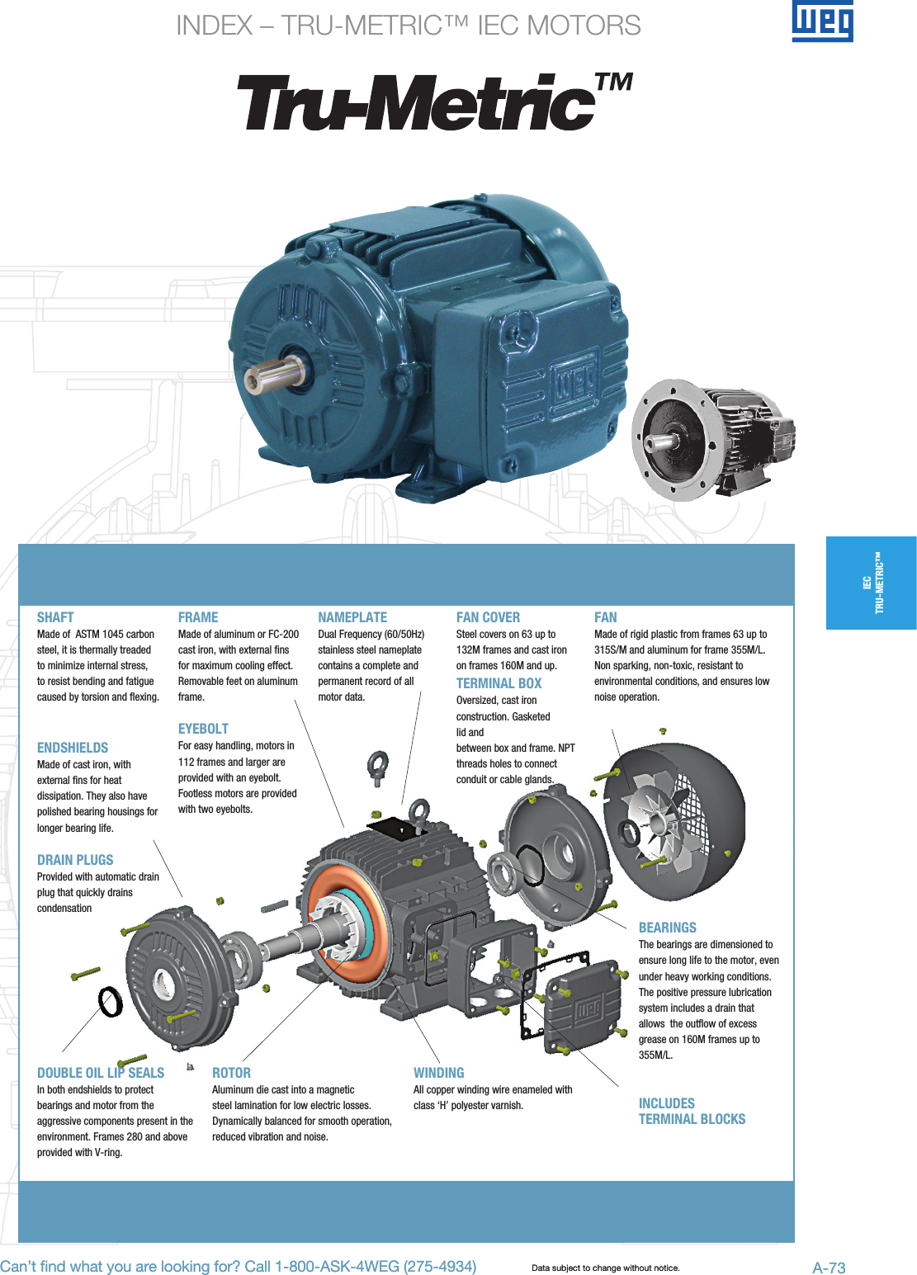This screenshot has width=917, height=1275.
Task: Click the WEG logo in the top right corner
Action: point(822,21)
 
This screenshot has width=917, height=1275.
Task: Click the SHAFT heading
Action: point(55,617)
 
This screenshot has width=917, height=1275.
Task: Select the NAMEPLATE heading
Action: point(352,617)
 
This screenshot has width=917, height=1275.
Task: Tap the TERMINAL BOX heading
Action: point(499,683)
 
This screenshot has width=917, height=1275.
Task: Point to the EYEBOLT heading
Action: point(203,729)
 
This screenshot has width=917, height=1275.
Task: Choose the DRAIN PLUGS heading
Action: point(75,860)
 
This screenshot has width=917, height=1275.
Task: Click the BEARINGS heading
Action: point(667,928)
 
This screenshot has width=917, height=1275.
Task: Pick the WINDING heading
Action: point(438,1073)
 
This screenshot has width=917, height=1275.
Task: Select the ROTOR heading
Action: point(231,1073)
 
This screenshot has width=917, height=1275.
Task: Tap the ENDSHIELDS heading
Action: point(73,748)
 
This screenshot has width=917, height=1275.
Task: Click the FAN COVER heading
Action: point(488,617)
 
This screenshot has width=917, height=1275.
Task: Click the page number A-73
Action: point(829,1268)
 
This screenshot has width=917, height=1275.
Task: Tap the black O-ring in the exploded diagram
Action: point(111,1002)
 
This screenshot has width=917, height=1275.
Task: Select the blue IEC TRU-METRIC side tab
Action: point(872,583)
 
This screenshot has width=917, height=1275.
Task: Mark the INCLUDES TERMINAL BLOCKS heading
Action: point(692,1111)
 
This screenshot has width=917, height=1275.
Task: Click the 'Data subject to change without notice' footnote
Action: point(605,1268)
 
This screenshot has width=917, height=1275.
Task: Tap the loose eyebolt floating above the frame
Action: point(377,767)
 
